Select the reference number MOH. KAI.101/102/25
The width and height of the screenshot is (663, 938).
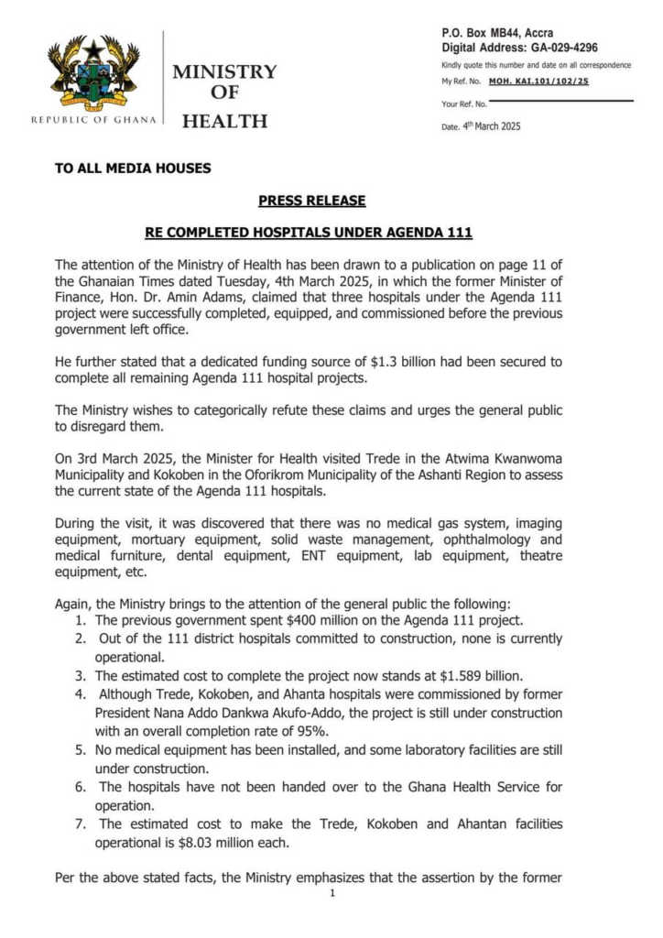point(539,82)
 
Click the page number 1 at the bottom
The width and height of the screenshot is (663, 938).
point(332,893)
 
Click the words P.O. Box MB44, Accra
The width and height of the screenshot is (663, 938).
point(497,33)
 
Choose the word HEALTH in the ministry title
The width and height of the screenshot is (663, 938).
point(224,120)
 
